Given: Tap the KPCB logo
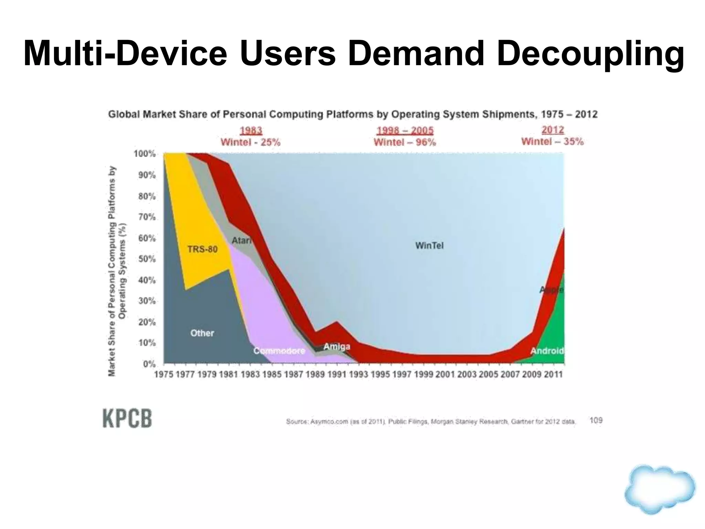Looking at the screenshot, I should tap(127, 418).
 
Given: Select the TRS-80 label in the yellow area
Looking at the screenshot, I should tap(202, 249).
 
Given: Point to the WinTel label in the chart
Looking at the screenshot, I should tap(429, 246).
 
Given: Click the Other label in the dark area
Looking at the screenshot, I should tap(202, 333).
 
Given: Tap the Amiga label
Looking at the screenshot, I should tap(337, 346).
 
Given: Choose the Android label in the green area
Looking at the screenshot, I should tap(547, 351).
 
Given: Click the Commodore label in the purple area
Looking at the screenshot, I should tap(279, 351).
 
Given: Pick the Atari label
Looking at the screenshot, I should tap(241, 240).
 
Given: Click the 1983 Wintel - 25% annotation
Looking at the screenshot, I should tap(251, 136).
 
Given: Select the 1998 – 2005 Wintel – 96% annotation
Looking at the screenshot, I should tap(405, 136).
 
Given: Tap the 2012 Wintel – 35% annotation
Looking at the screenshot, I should tap(552, 136).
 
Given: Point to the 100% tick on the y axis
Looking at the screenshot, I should tap(145, 154).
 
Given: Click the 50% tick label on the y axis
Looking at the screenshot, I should tap(147, 259).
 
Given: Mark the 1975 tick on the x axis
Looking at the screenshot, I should tap(164, 374).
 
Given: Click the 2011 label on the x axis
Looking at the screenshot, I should tap(553, 374).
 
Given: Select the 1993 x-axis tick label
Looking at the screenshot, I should tap(358, 374).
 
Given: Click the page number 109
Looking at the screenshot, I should tap(596, 420).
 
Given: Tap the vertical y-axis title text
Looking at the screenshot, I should tap(117, 271).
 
